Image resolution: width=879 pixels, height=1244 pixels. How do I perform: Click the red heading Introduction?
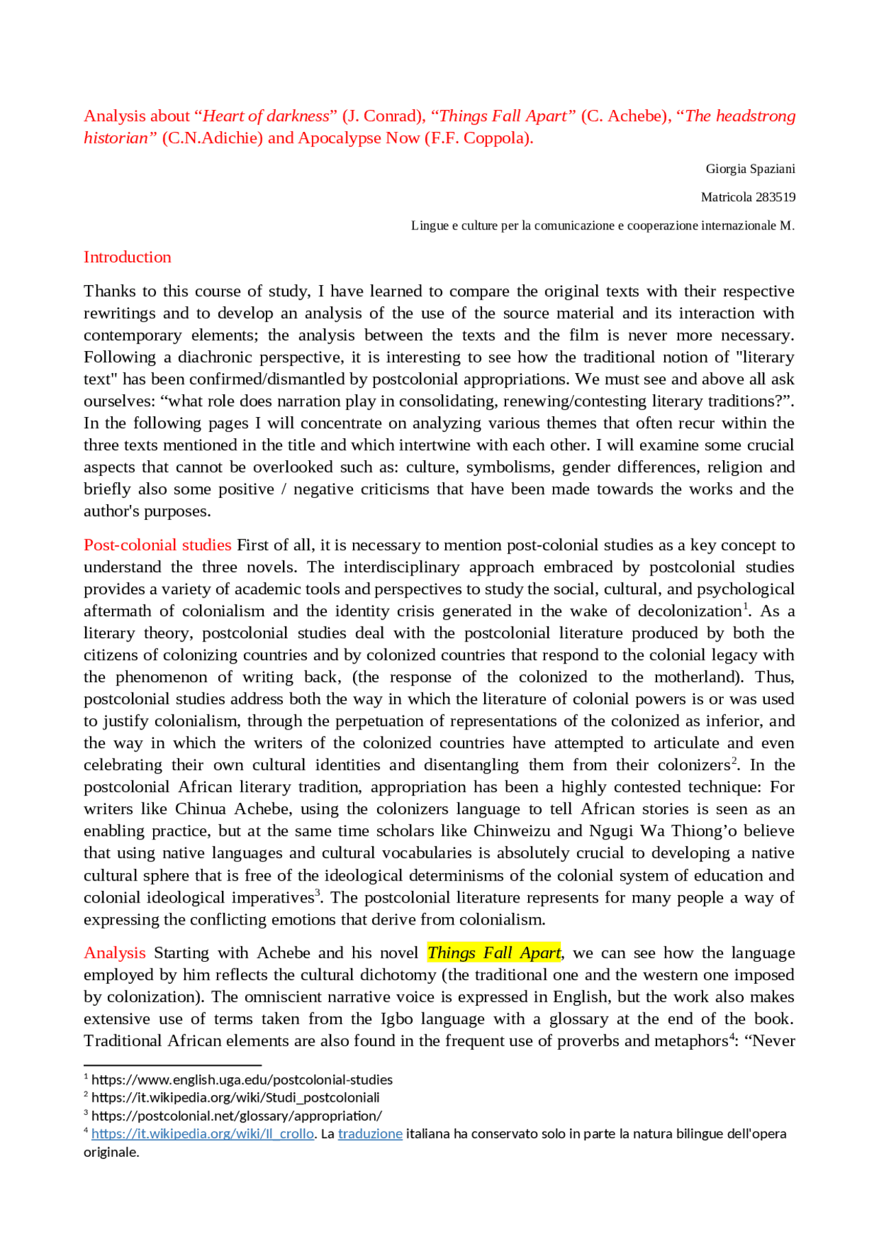127,257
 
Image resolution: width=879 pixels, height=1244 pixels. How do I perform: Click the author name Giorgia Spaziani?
750,169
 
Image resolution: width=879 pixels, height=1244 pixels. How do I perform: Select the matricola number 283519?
775,197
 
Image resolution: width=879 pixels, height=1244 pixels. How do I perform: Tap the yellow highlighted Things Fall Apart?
494,953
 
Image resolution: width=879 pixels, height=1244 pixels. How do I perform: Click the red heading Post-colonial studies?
157,545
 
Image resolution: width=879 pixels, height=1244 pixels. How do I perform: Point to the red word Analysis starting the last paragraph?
115,953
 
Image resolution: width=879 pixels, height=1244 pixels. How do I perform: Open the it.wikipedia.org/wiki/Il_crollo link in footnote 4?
203,1133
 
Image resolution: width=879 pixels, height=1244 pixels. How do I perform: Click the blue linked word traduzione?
369,1133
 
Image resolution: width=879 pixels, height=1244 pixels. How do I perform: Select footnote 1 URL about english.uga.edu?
242,1080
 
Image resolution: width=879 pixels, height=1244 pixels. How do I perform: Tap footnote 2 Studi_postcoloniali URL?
235,1098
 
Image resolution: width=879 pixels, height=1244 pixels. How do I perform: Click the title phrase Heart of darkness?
266,116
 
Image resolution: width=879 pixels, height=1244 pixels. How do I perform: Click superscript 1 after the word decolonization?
746,607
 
